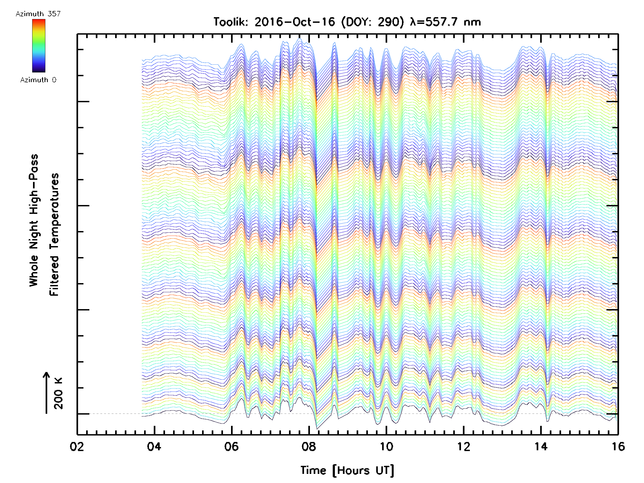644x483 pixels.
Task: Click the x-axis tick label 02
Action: (77, 446)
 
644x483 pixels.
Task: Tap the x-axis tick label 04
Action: (154, 446)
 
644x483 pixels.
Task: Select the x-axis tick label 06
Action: (232, 446)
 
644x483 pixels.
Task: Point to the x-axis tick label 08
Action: (309, 446)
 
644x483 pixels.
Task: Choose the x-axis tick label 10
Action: (386, 446)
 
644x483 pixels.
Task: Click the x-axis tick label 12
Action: (463, 446)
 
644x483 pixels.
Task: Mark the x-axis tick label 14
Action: (541, 446)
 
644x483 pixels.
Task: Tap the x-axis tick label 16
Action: (618, 446)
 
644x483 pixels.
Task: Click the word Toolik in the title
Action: (230, 22)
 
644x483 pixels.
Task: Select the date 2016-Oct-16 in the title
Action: (295, 22)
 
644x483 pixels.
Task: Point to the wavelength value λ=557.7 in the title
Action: (434, 22)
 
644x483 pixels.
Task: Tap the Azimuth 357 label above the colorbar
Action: (38, 14)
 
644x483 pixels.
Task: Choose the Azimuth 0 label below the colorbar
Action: (38, 80)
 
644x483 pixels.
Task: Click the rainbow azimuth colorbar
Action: (38, 46)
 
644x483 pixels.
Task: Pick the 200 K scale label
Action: (58, 393)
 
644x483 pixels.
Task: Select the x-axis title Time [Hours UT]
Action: (347, 470)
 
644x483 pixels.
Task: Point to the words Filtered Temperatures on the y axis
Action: (54, 234)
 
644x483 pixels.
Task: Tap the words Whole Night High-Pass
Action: (34, 220)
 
